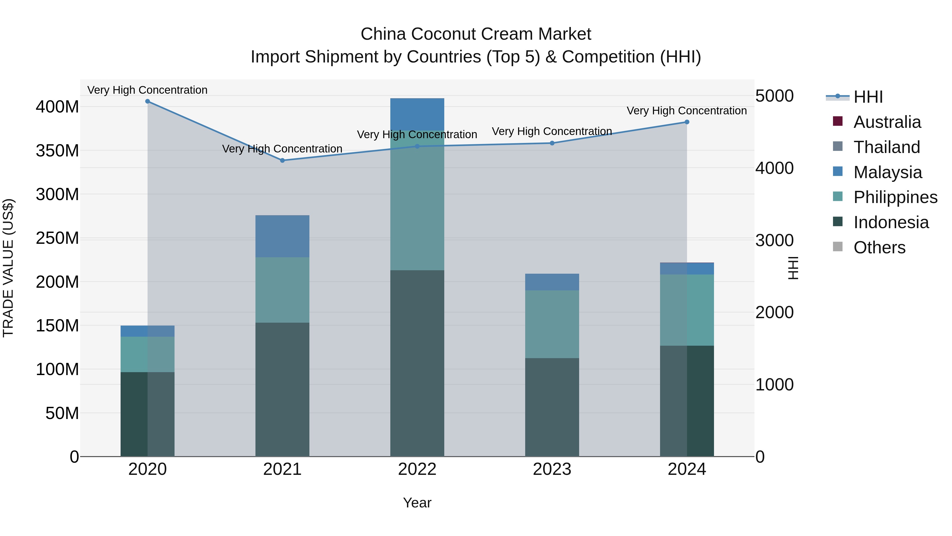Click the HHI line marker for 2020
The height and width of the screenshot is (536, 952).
[148, 101]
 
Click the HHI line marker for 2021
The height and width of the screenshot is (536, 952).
[282, 161]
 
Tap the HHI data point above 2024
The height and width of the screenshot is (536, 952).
[687, 122]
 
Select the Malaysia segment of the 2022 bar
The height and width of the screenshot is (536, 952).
[417, 114]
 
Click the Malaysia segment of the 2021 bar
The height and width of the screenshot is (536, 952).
[282, 236]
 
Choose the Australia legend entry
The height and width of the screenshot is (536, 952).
[887, 122]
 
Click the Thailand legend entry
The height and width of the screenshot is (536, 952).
[886, 147]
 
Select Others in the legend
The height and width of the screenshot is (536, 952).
[879, 247]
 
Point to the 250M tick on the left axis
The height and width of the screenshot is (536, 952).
[57, 238]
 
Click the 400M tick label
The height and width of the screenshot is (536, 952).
[57, 107]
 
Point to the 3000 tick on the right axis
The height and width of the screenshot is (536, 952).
[774, 240]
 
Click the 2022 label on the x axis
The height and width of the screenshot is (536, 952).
[417, 469]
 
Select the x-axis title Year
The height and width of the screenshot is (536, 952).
[417, 503]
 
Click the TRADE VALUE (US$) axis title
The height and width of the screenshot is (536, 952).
[8, 268]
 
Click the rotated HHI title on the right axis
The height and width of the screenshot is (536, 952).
[793, 268]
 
